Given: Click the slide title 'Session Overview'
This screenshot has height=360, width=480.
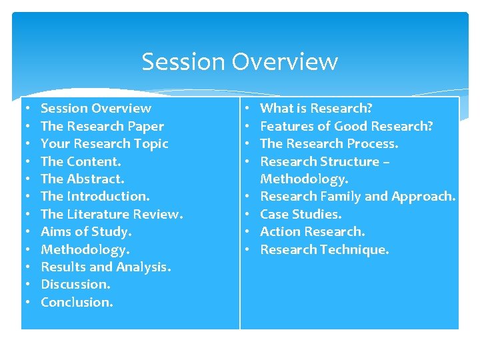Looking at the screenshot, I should [239, 62].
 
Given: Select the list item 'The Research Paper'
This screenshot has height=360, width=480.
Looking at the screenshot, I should [102, 126].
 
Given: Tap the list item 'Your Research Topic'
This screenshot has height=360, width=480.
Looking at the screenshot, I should [104, 143].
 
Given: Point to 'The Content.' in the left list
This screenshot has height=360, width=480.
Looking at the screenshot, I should [81, 161].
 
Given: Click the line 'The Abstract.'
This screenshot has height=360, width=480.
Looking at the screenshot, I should [82, 179].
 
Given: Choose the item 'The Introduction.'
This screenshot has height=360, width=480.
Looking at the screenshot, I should [95, 196].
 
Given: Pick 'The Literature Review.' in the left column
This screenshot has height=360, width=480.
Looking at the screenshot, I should [111, 214].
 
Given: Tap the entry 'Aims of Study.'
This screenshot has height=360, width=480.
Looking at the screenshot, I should [86, 231].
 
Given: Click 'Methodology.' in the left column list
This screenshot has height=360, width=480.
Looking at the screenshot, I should [85, 249].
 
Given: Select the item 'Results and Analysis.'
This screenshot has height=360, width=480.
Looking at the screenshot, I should [105, 267].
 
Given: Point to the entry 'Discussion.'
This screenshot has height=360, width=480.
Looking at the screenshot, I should [75, 284].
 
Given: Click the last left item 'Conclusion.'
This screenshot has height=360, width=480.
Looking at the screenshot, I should [77, 302].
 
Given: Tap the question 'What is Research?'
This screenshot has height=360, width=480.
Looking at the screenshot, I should [316, 108].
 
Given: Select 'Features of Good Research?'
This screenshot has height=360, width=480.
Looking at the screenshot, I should [346, 126].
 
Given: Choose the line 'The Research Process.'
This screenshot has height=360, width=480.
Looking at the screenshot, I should [329, 143].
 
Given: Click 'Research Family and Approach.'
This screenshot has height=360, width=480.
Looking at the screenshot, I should [357, 196].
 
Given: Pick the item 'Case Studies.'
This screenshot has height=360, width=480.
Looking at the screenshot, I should [300, 214].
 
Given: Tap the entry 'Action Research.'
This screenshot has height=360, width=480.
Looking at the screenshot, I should [312, 231].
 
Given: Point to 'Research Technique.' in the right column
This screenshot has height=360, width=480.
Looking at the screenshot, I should [324, 249].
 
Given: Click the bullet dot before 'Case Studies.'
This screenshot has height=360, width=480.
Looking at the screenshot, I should [247, 214].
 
